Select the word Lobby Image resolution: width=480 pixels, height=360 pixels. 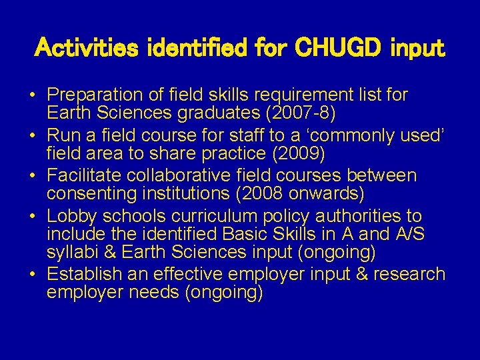tap(70, 217)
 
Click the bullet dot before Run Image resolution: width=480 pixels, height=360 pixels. tap(33, 135)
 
